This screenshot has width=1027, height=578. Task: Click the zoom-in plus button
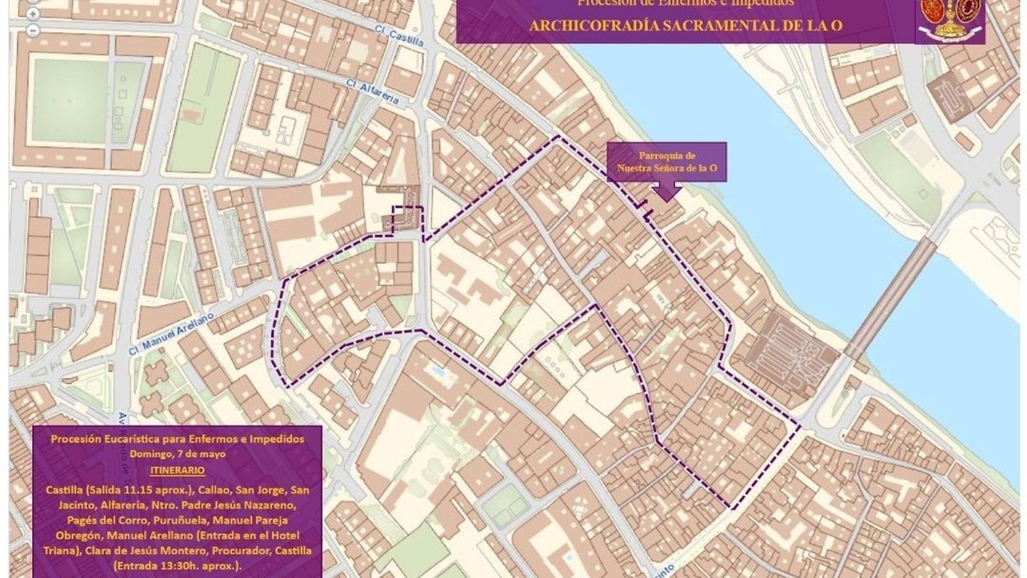33,14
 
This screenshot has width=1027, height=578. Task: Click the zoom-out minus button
33,30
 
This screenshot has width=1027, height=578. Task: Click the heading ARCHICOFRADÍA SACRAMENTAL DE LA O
685,26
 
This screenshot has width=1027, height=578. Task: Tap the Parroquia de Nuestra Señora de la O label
667,162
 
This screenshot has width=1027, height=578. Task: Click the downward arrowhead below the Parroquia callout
667,192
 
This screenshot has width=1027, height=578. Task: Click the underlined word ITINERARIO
178,470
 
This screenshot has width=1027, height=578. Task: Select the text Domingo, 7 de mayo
178,454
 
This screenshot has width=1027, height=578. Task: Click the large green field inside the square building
71,100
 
